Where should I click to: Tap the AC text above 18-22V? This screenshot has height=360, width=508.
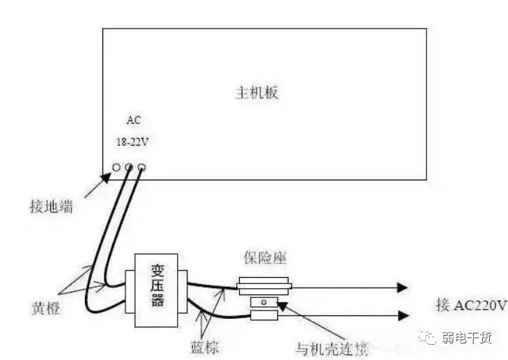[133, 120]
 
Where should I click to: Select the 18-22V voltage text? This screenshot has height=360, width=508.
[132, 141]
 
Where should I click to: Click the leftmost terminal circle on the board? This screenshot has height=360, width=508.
[116, 167]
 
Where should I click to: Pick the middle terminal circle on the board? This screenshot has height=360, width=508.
[129, 167]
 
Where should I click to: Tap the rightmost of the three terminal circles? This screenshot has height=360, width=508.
[141, 167]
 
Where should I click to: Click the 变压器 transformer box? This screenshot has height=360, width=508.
[156, 284]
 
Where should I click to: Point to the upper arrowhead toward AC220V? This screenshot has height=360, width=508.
[401, 286]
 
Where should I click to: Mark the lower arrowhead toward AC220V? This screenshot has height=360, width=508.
[401, 315]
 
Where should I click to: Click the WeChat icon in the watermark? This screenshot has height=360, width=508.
[426, 337]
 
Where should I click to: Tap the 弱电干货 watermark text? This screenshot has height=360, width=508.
[466, 338]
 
